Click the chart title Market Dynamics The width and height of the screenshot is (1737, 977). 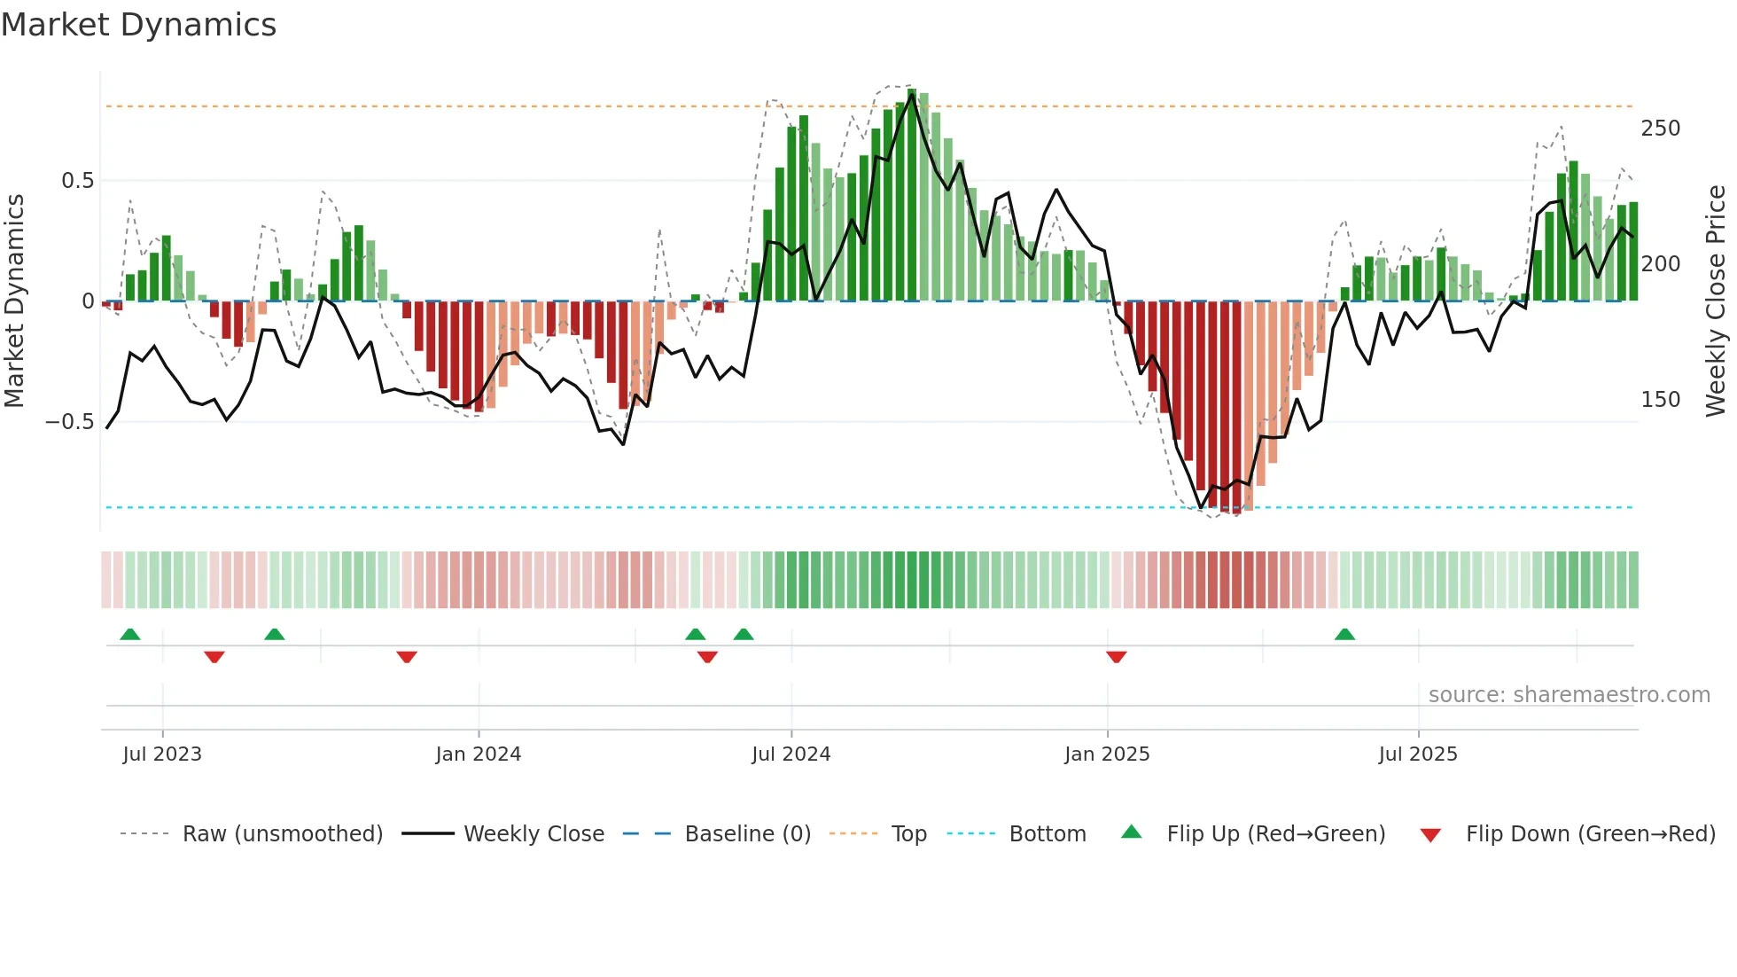[139, 25]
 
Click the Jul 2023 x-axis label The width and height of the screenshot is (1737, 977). [162, 754]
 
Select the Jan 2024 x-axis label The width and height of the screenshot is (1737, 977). [479, 754]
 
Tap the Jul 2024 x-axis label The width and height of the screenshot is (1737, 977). [791, 754]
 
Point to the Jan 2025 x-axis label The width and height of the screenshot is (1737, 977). [1107, 754]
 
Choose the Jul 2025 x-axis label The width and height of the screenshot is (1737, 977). [1418, 754]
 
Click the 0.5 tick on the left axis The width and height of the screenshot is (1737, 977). [77, 181]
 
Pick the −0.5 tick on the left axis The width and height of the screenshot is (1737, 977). [70, 422]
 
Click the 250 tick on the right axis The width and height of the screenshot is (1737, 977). [1660, 129]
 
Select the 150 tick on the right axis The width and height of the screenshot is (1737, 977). [1660, 400]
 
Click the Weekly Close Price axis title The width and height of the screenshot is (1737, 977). [1716, 301]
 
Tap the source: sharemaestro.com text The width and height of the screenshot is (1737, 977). [1569, 695]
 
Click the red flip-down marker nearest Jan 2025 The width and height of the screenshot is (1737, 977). [1117, 657]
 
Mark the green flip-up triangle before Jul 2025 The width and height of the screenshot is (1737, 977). [1344, 634]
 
